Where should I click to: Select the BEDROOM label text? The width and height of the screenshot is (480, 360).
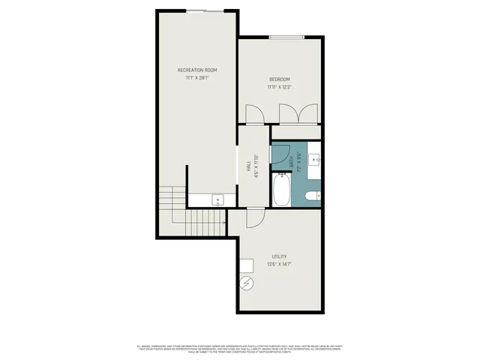(x=279, y=79)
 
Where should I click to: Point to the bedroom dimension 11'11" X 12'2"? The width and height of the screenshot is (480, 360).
(x=279, y=88)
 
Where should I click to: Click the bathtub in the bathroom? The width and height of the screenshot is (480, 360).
(x=282, y=190)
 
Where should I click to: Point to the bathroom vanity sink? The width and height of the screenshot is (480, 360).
(x=315, y=159)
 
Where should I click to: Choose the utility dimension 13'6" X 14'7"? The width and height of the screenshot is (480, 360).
(x=279, y=264)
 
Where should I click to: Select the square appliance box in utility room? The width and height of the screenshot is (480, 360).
(x=246, y=264)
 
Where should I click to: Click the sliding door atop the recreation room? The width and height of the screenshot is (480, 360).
(x=205, y=10)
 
